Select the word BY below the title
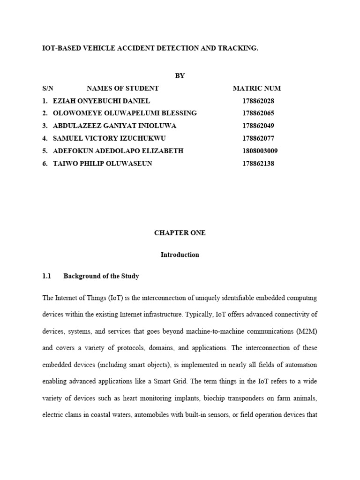coord(180,76)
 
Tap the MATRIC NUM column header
coord(257,88)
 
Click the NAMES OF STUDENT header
coord(123,88)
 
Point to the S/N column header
coord(48,88)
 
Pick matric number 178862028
coord(258,101)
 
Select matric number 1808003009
coord(260,151)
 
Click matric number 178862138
coord(258,164)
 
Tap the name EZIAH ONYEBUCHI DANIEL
coord(100,101)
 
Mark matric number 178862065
coord(258,113)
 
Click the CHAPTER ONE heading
coord(180,233)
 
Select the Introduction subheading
coord(180,255)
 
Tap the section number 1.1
coord(46,277)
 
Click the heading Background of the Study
coord(101,277)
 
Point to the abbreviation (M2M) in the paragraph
coord(307,331)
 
